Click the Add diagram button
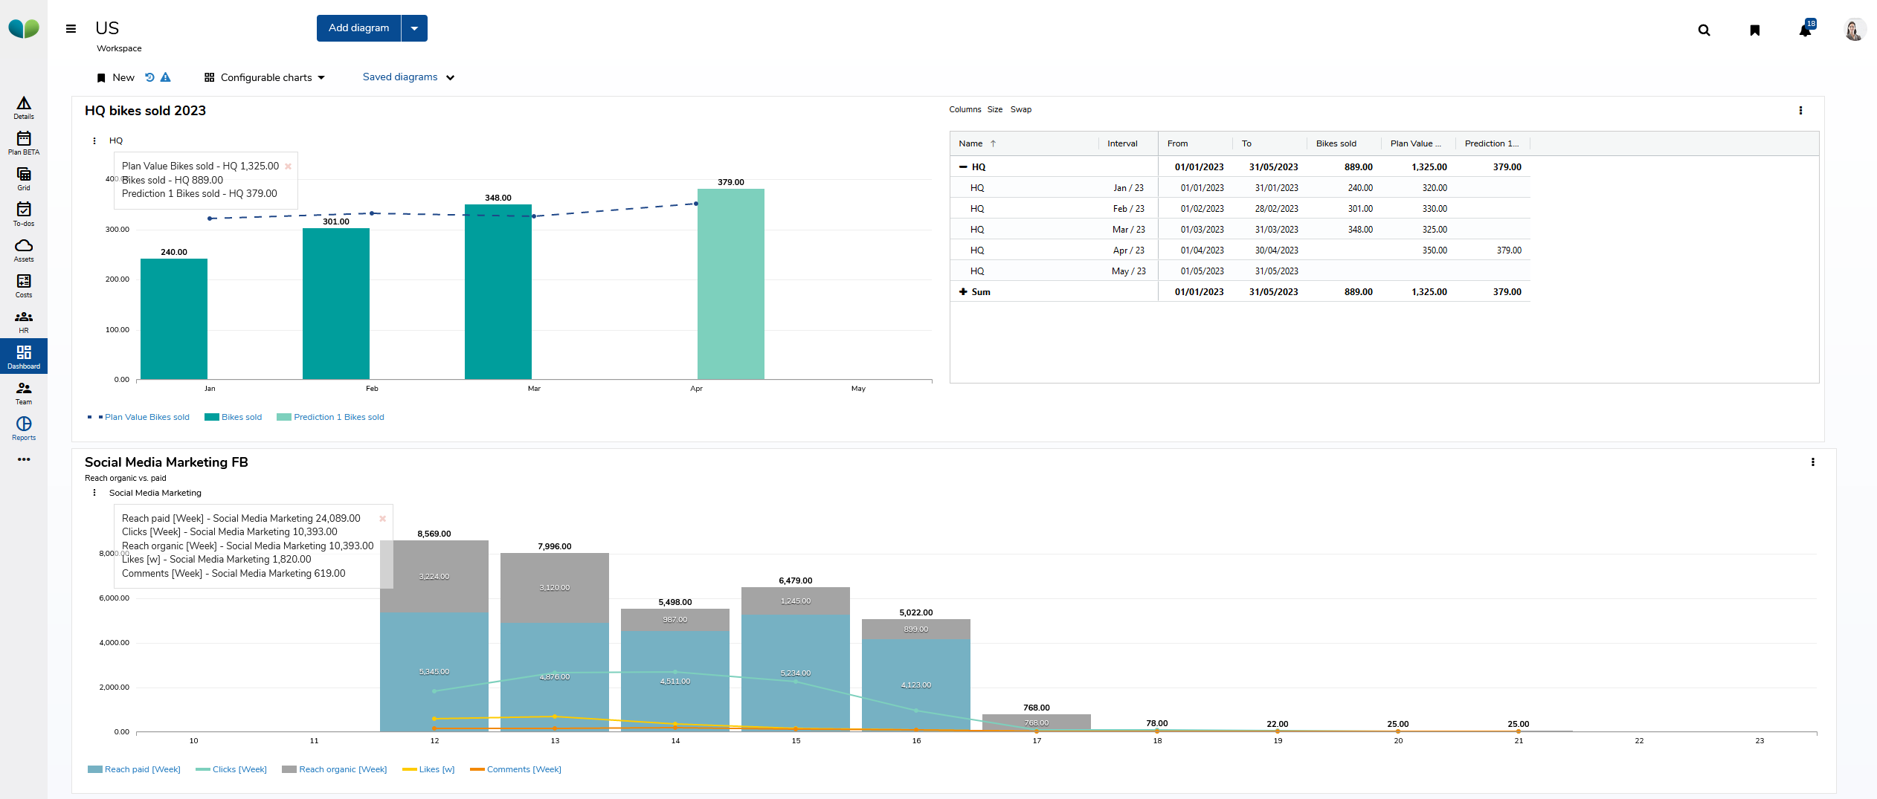click(x=358, y=28)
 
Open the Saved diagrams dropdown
click(x=408, y=77)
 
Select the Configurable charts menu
click(x=265, y=78)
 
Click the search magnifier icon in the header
click(x=1704, y=30)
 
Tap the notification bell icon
click(x=1805, y=30)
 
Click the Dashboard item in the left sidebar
click(x=24, y=356)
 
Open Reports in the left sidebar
click(x=24, y=427)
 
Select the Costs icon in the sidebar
click(x=24, y=285)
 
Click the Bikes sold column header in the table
click(x=1336, y=144)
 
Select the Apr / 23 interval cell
click(x=1128, y=250)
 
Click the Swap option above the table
click(x=1020, y=110)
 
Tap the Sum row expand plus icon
click(x=963, y=292)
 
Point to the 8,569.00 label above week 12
click(x=434, y=534)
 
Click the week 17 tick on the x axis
click(x=1037, y=741)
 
